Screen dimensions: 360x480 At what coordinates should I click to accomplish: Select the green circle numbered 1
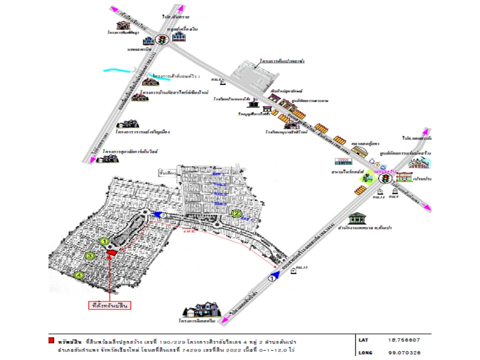pyautogui.click(x=104, y=241)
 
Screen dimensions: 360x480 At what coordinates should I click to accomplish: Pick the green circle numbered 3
pyautogui.click(x=90, y=256)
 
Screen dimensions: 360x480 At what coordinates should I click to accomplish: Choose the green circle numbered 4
pyautogui.click(x=78, y=274)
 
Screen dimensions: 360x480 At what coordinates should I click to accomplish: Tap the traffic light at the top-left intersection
pyautogui.click(x=161, y=40)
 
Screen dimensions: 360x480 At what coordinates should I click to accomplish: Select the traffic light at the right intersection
pyautogui.click(x=384, y=178)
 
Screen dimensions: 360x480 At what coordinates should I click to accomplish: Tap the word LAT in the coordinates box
pyautogui.click(x=364, y=340)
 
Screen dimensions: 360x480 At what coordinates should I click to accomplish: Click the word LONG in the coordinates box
pyautogui.click(x=365, y=352)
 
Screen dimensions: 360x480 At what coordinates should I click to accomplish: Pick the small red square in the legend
pyautogui.click(x=51, y=340)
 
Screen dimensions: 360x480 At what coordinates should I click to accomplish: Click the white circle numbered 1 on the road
pyautogui.click(x=272, y=279)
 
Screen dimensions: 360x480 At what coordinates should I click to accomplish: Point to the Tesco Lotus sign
pyautogui.click(x=343, y=161)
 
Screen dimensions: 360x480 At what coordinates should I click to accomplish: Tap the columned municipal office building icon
pyautogui.click(x=357, y=218)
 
